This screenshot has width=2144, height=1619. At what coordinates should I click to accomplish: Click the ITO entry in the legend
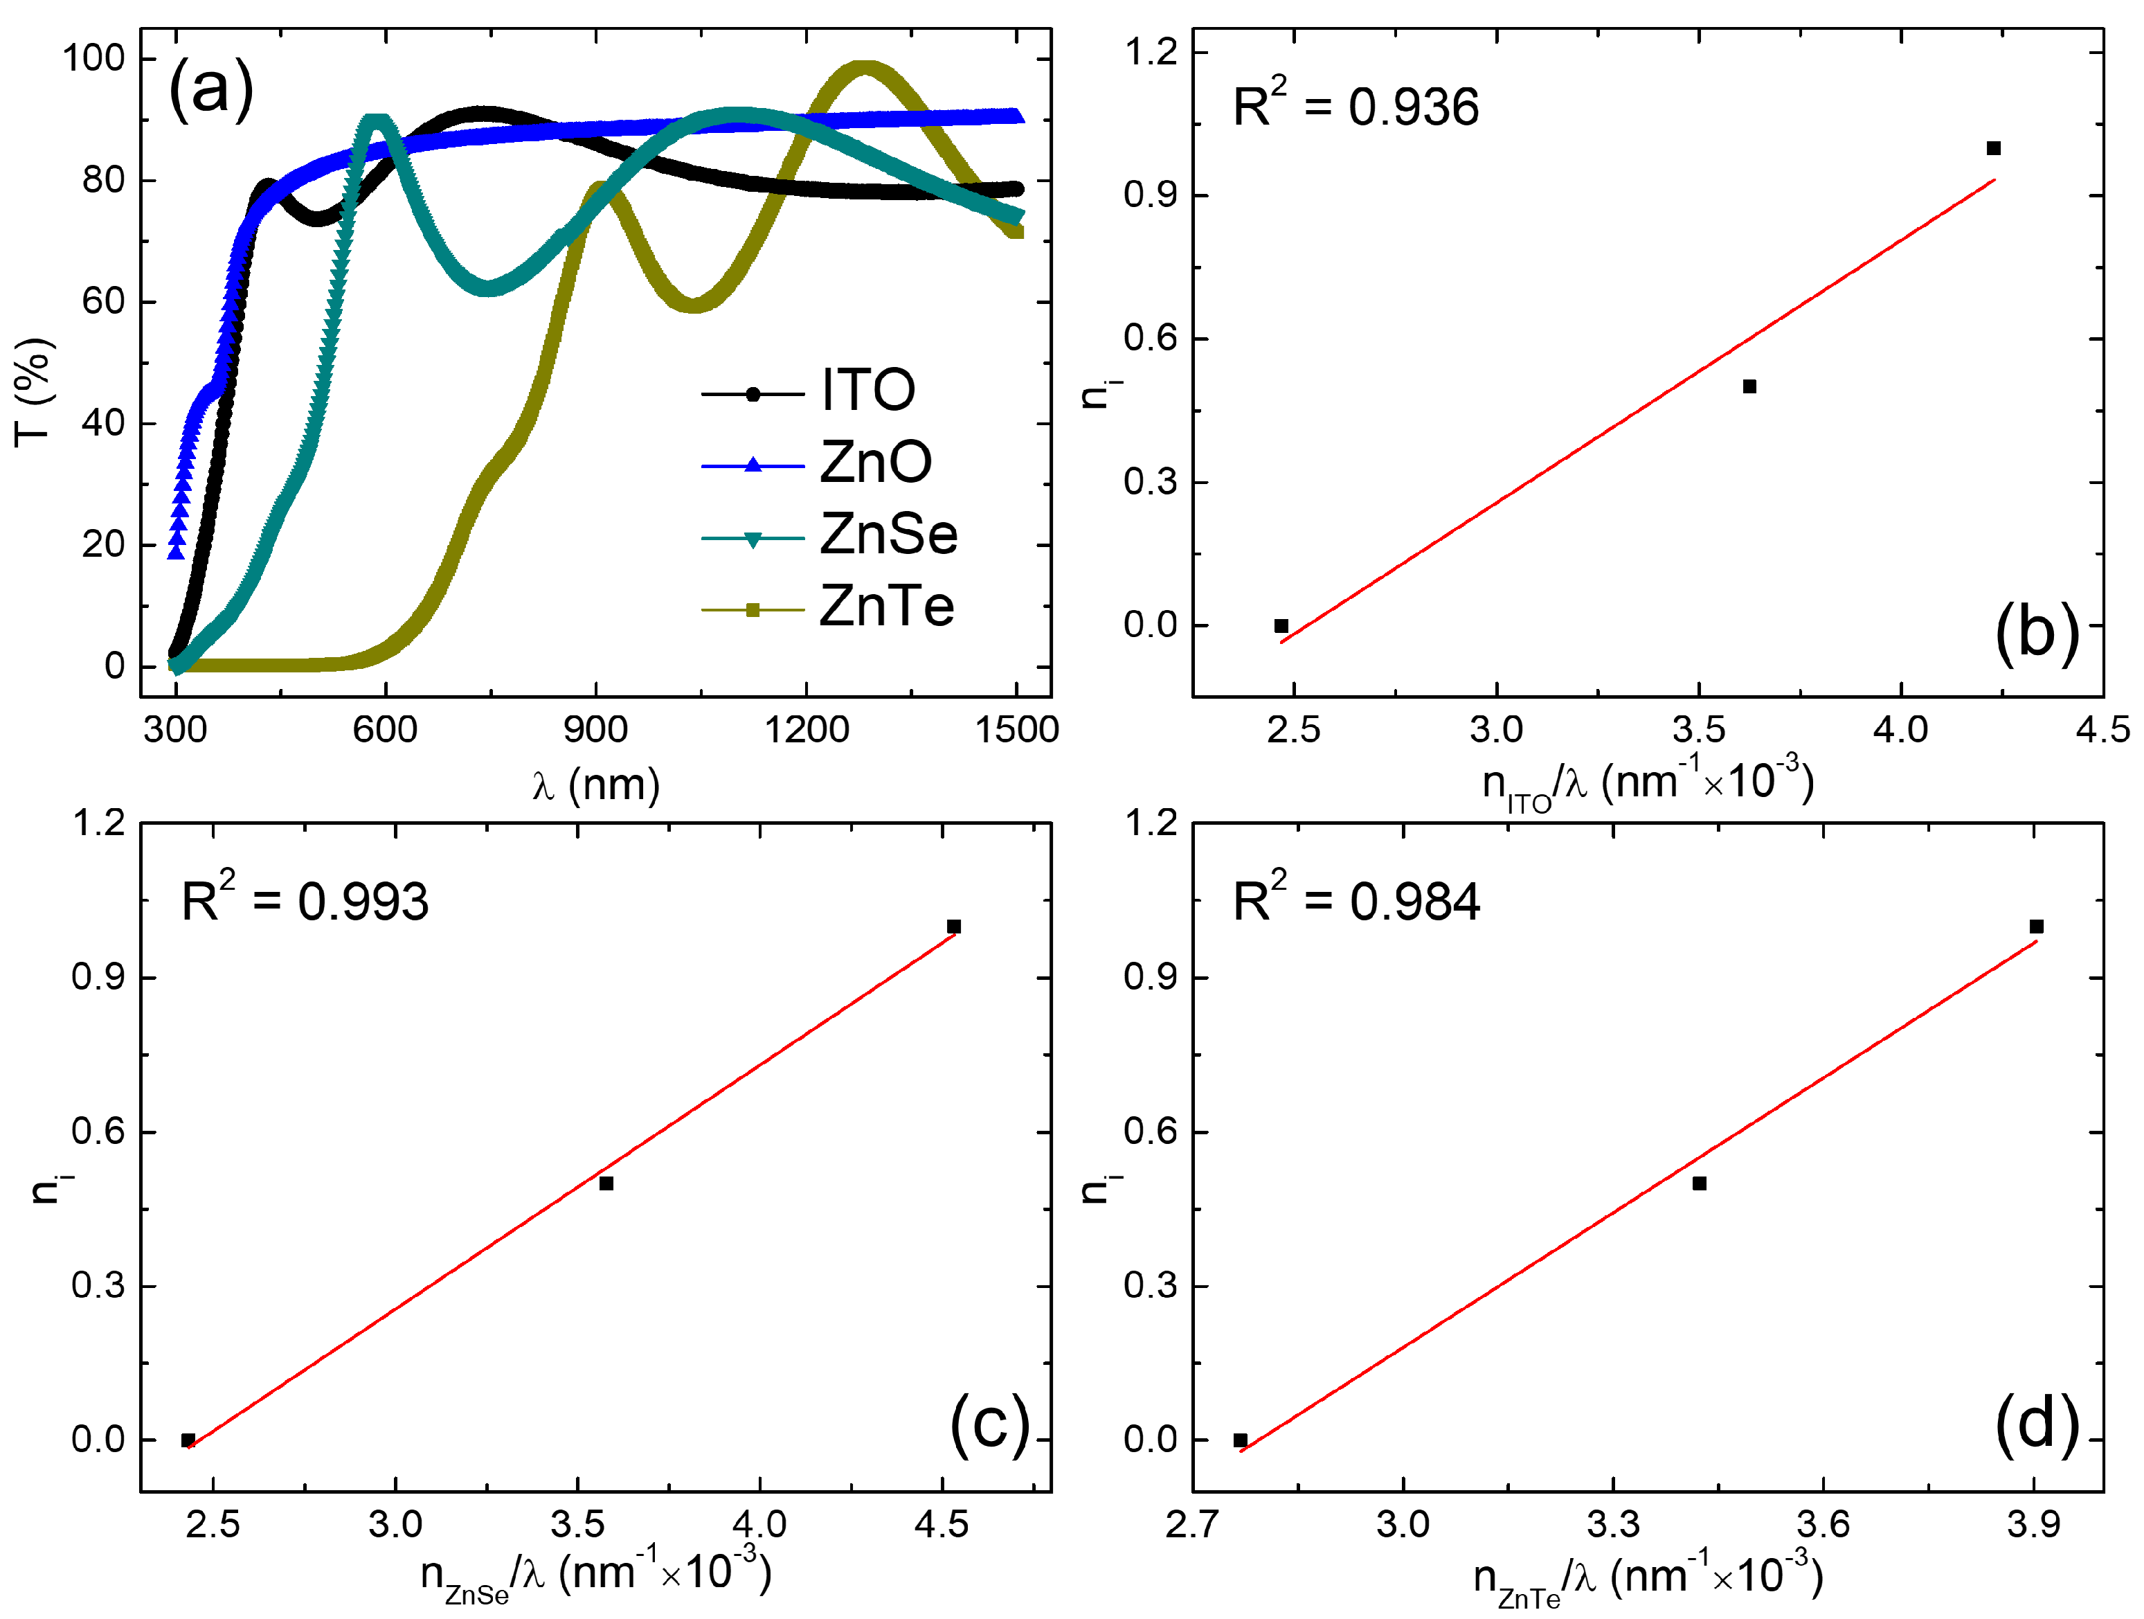click(867, 391)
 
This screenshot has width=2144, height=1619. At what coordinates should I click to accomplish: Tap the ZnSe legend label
click(888, 534)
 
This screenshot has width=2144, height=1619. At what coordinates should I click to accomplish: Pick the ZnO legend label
click(875, 463)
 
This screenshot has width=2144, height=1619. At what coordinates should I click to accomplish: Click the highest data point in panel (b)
click(1994, 148)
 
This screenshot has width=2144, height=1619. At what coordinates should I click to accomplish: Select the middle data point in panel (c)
click(606, 1183)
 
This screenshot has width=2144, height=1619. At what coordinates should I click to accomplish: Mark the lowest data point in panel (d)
click(1241, 1440)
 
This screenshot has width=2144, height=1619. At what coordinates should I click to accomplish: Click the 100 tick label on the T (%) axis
click(94, 58)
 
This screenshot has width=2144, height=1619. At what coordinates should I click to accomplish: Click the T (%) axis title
click(33, 393)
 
